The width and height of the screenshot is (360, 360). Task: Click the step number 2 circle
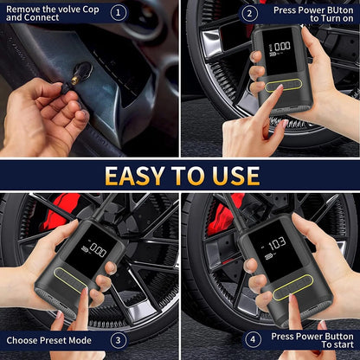tap(250, 13)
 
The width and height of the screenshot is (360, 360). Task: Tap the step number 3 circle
tap(119, 339)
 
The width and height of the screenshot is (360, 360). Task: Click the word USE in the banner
tap(228, 176)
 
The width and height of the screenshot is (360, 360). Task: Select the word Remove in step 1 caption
tap(23, 10)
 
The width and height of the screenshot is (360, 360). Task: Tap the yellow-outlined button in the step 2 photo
tap(282, 87)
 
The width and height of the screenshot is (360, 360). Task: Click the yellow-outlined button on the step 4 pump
tap(292, 292)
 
